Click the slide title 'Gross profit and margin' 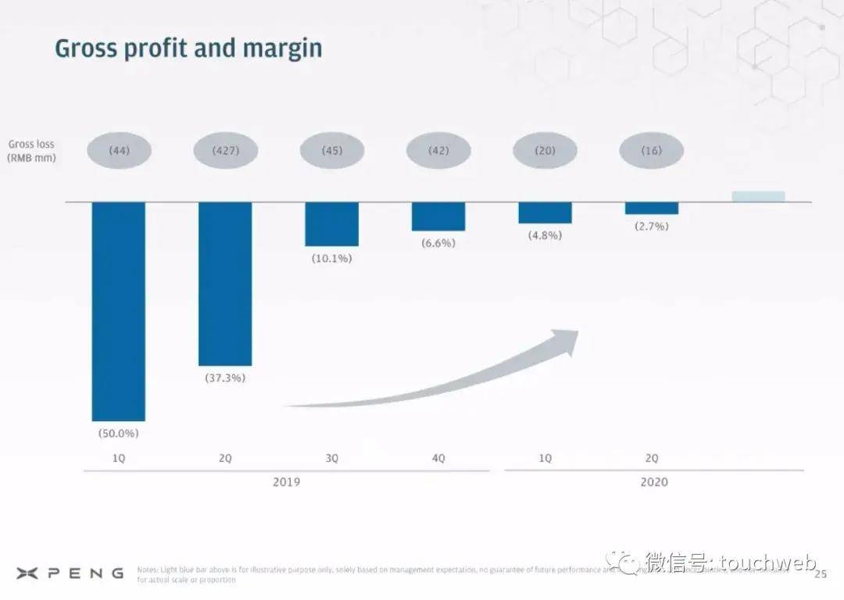click(x=188, y=48)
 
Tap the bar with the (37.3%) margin click(x=225, y=284)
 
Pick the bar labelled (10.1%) click(x=332, y=224)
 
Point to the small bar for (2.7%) click(x=652, y=208)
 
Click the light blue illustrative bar click(x=758, y=196)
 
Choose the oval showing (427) click(x=226, y=151)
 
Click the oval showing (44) click(x=119, y=151)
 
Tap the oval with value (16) click(x=652, y=151)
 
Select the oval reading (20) click(x=545, y=151)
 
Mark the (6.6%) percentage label click(x=438, y=243)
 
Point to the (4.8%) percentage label click(x=545, y=235)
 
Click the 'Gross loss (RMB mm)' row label click(x=31, y=150)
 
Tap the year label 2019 click(x=286, y=482)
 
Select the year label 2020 click(x=654, y=482)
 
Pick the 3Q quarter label click(x=332, y=459)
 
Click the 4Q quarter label click(x=438, y=459)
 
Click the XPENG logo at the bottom click(x=70, y=573)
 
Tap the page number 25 click(x=820, y=575)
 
